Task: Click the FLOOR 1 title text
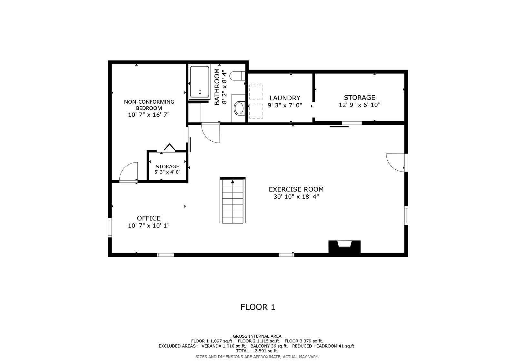[x=258, y=307]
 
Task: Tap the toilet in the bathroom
[x=237, y=76]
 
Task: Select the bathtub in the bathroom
[x=200, y=82]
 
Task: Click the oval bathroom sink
[x=239, y=108]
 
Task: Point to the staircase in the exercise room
[x=233, y=200]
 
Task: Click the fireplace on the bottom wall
[x=344, y=247]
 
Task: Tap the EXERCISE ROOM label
[x=296, y=190]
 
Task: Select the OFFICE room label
[x=149, y=218]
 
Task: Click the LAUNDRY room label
[x=285, y=98]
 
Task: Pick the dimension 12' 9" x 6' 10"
[x=360, y=105]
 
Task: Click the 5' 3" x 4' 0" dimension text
[x=167, y=172]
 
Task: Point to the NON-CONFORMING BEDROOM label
[x=149, y=105]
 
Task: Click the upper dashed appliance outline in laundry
[x=256, y=92]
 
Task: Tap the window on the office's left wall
[x=110, y=228]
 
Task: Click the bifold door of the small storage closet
[x=170, y=147]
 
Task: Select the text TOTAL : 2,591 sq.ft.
[x=257, y=351]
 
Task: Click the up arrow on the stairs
[x=233, y=182]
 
